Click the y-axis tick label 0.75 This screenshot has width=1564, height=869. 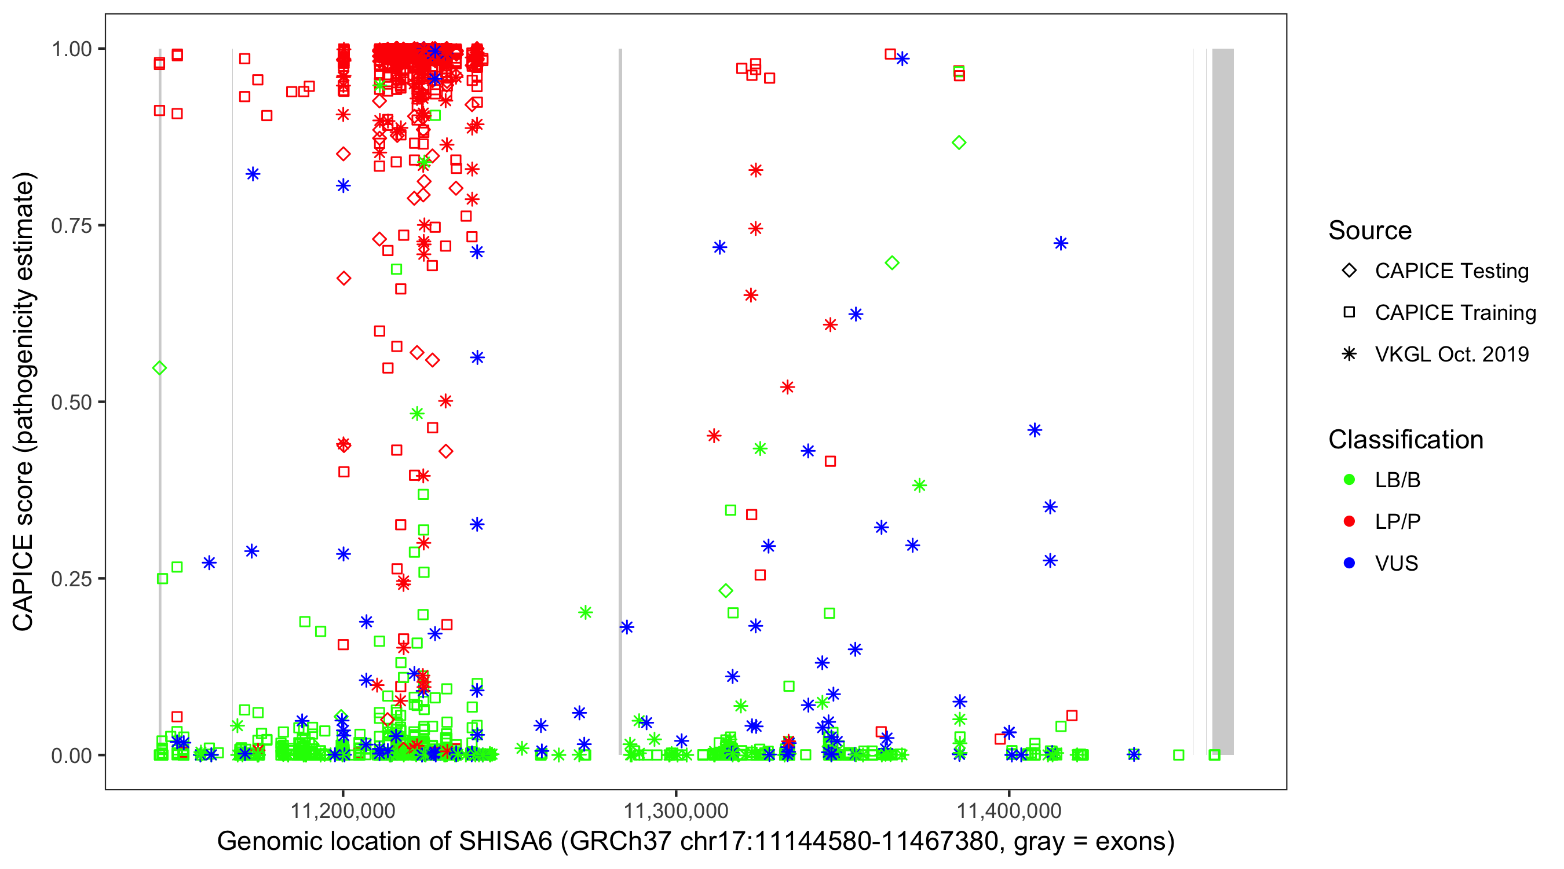pyautogui.click(x=71, y=226)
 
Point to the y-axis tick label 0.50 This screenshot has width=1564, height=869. pyautogui.click(x=71, y=402)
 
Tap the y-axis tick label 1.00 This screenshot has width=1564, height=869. pyautogui.click(x=71, y=49)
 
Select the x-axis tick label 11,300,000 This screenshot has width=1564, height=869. pyautogui.click(x=676, y=810)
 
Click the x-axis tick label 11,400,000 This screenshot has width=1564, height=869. pyautogui.click(x=1009, y=810)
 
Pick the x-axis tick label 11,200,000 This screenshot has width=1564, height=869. pyautogui.click(x=343, y=810)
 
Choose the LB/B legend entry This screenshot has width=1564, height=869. pyautogui.click(x=1397, y=480)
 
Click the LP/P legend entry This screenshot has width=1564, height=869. pyautogui.click(x=1397, y=521)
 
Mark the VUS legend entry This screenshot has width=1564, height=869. pyautogui.click(x=1396, y=564)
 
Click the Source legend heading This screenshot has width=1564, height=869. pyautogui.click(x=1370, y=231)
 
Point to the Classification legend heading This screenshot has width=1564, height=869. pyautogui.click(x=1405, y=440)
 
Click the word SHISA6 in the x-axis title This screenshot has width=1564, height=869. pyautogui.click(x=506, y=842)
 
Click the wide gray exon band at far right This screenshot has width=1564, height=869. pyautogui.click(x=1223, y=401)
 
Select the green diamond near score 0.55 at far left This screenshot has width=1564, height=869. pyautogui.click(x=160, y=368)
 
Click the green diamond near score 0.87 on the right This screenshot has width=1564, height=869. pyautogui.click(x=959, y=143)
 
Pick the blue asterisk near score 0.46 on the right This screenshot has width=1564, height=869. pyautogui.click(x=1035, y=430)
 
